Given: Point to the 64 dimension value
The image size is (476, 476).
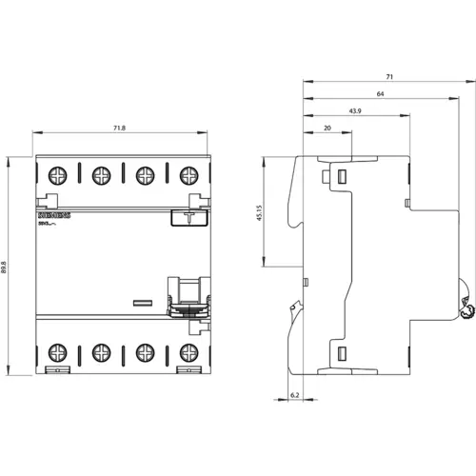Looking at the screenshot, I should click(x=379, y=93).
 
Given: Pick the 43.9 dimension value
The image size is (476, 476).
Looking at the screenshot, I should click(x=355, y=111).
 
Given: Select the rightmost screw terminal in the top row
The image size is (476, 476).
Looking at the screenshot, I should click(x=188, y=175).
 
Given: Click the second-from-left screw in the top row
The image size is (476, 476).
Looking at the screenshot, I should click(x=100, y=175).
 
